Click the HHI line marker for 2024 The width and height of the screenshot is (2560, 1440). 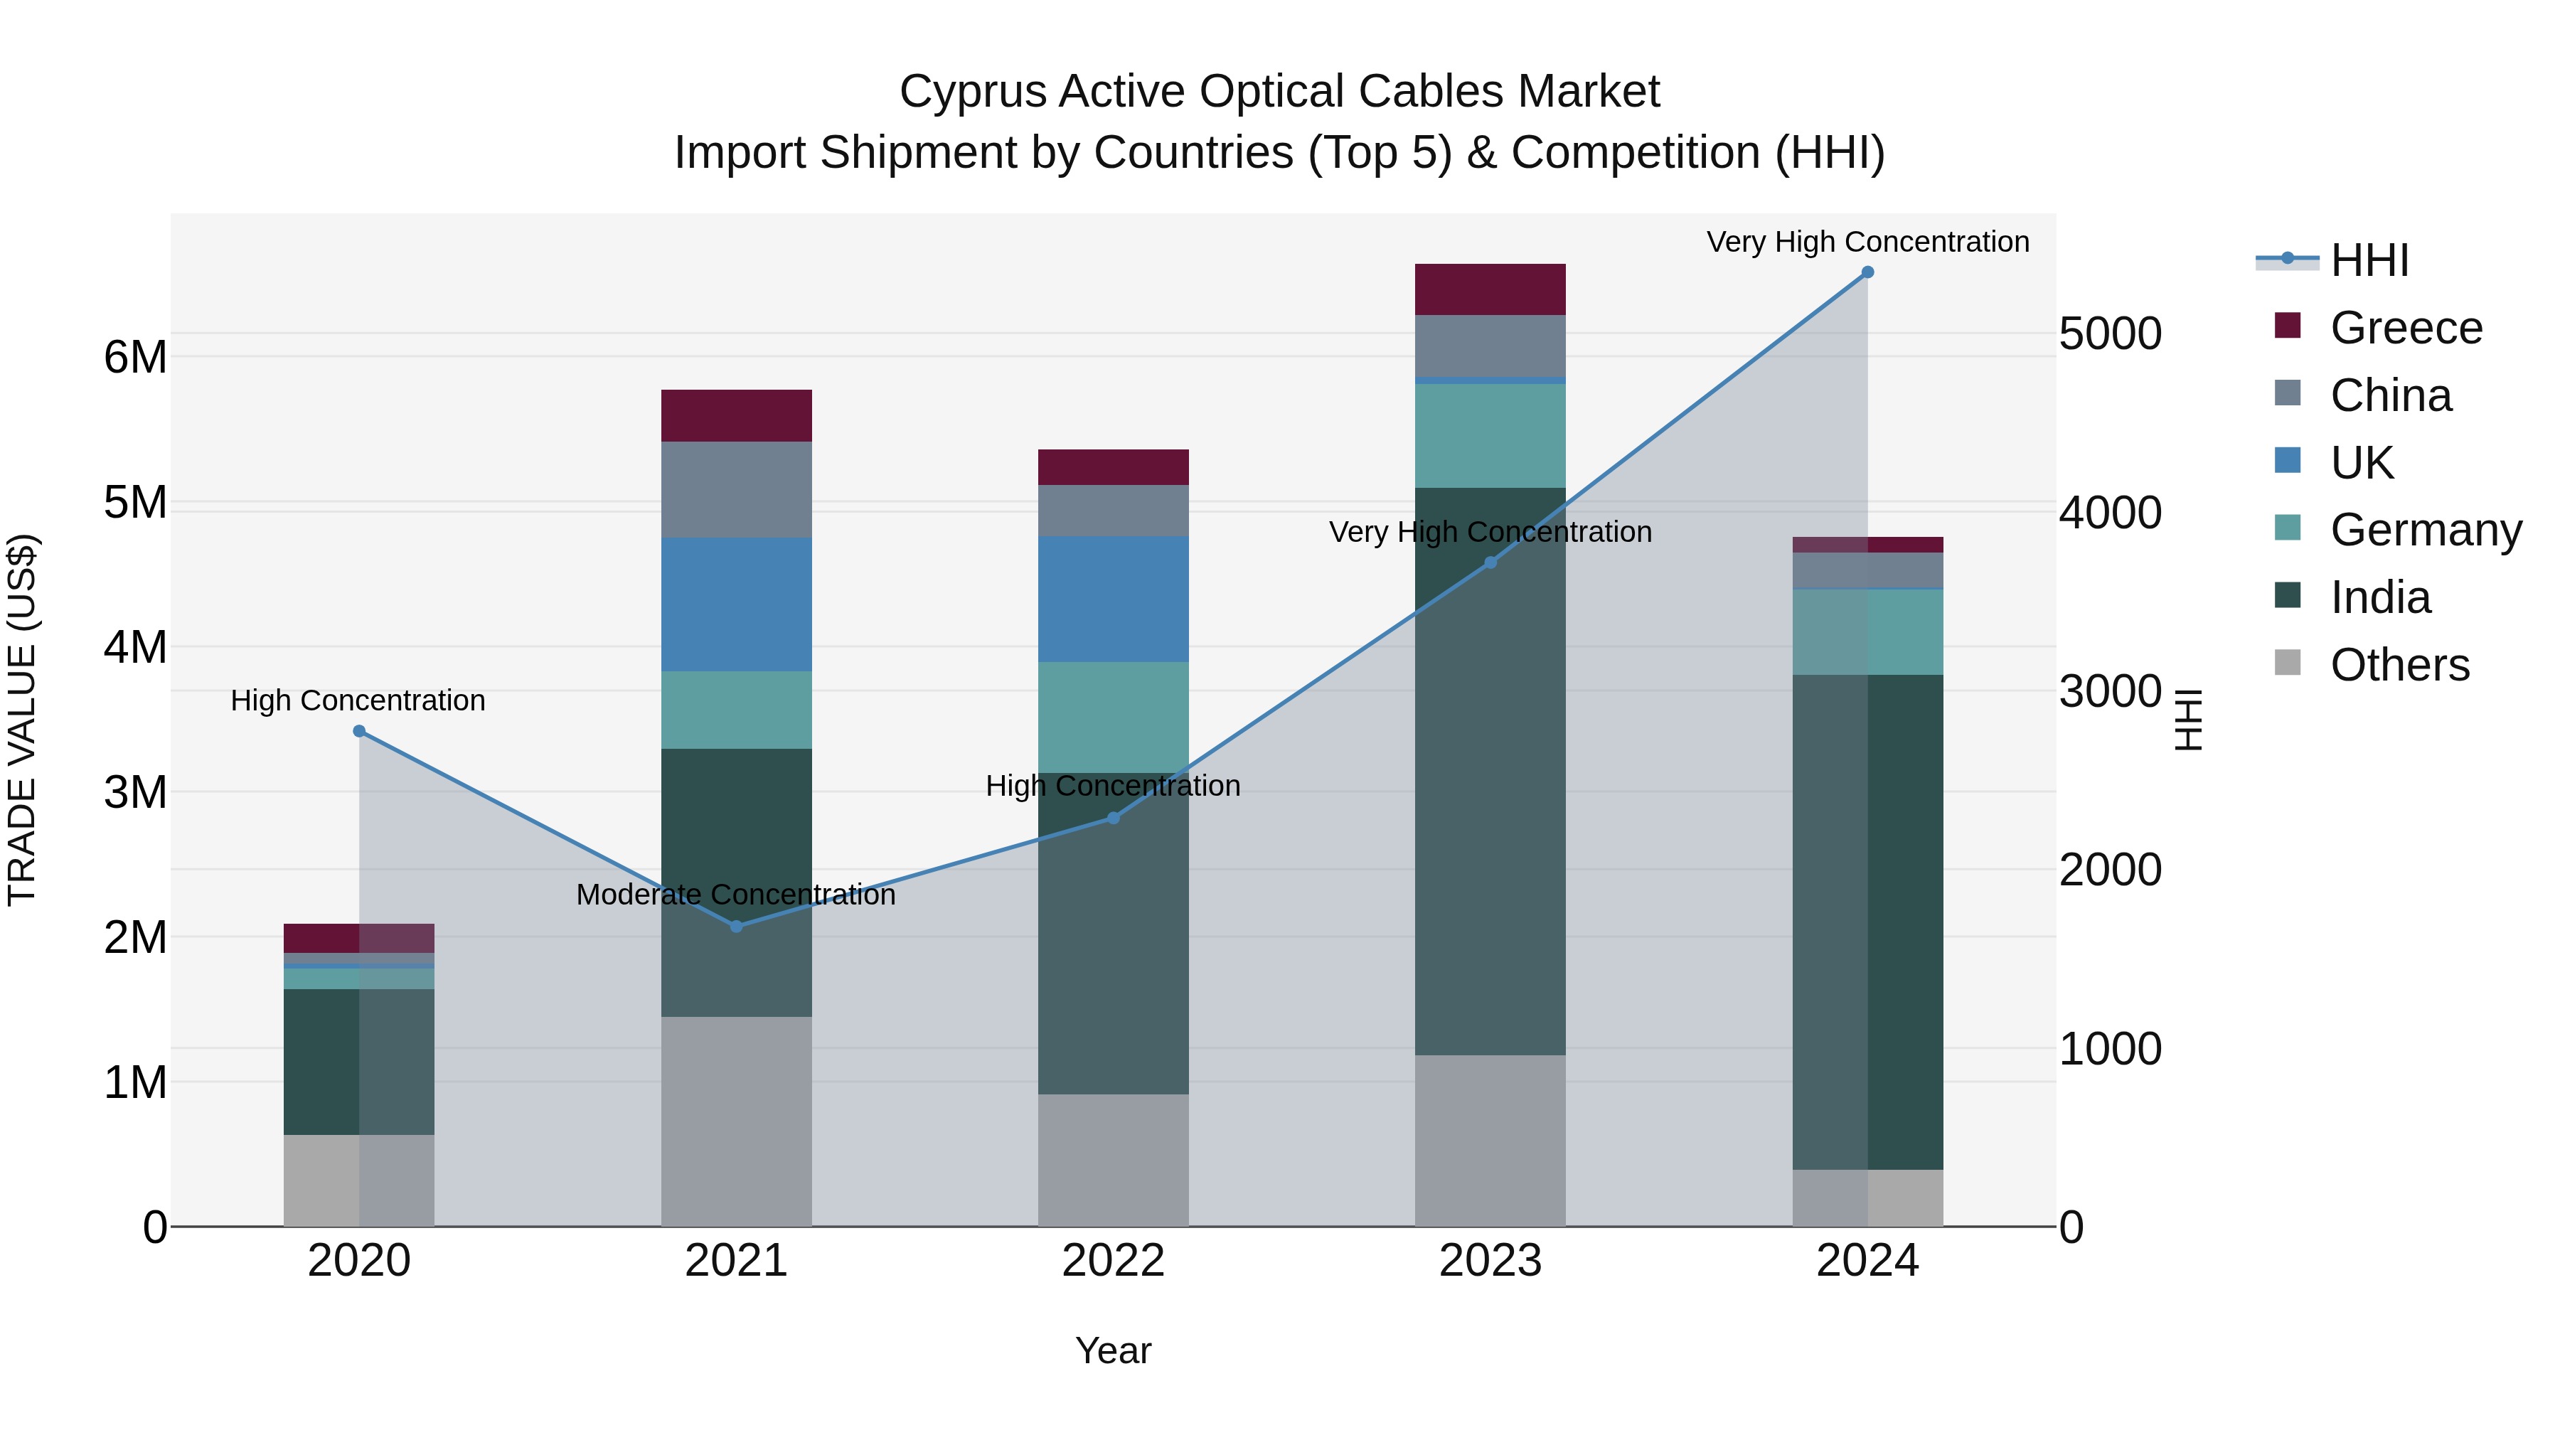pos(1867,272)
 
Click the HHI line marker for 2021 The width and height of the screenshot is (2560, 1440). pos(737,926)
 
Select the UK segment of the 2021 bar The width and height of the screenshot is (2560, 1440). pos(737,604)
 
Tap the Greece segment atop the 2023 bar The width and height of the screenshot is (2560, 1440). pos(1490,289)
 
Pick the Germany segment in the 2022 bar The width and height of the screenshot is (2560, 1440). pos(1113,718)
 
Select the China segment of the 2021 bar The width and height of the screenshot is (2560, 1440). pos(737,489)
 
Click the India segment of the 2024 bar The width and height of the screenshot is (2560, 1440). pos(1867,922)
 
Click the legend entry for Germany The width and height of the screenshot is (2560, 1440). pos(2425,530)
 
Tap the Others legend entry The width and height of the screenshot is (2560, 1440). pos(2399,665)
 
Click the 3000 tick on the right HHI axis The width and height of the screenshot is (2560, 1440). pos(2109,692)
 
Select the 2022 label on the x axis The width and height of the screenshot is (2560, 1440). pos(1113,1261)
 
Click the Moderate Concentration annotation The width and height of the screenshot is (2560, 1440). pos(737,895)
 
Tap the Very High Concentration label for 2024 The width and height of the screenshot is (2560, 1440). pos(1867,242)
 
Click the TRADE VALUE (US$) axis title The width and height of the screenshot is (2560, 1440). pos(22,720)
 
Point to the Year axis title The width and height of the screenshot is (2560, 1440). pos(1113,1350)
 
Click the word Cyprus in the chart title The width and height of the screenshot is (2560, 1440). pos(972,92)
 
